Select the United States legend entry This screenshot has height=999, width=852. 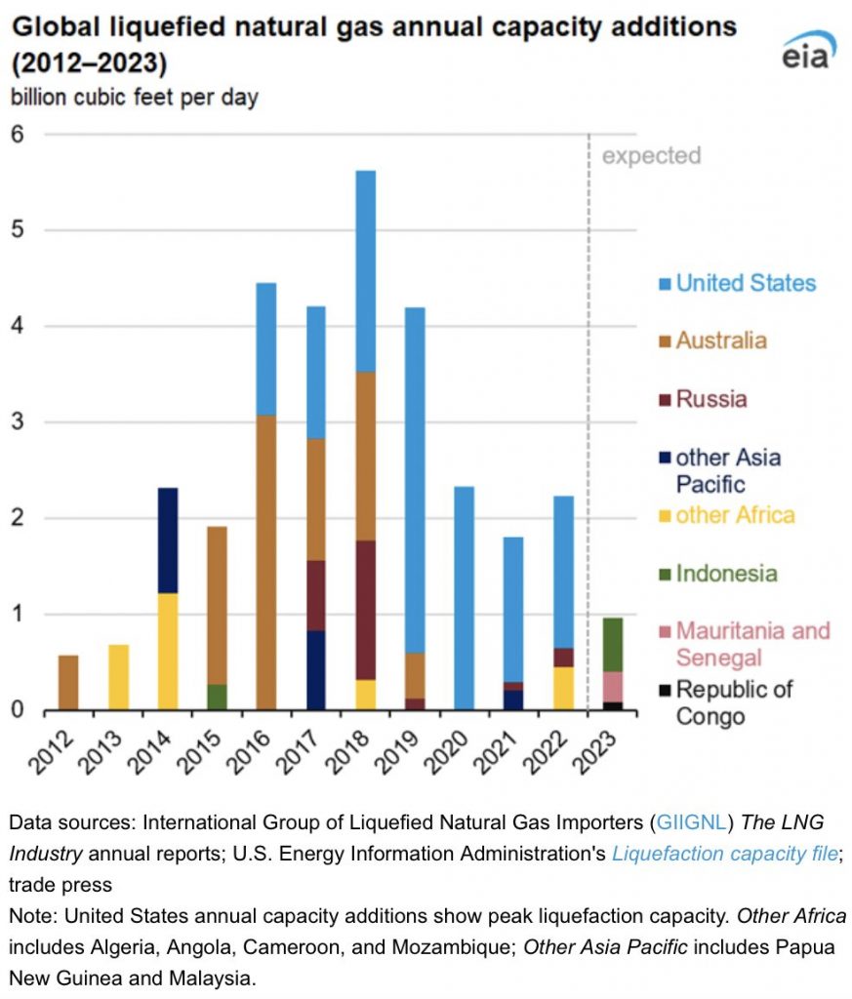coord(738,283)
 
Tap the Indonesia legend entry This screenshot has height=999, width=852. coord(718,574)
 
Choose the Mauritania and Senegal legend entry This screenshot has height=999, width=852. coord(745,644)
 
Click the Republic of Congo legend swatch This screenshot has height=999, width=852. coord(665,690)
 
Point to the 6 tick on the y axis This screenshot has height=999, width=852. coord(18,134)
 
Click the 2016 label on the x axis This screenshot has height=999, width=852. coord(249,752)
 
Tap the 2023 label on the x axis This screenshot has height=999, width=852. coord(594,752)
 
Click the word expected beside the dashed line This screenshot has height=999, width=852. coord(651,155)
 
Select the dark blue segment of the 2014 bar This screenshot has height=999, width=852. coord(168,540)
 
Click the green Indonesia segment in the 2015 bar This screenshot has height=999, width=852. coord(217,697)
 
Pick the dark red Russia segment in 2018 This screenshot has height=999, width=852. coord(365,611)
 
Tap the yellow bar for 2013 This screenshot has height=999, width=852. coord(118,677)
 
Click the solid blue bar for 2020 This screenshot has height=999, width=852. coord(464,598)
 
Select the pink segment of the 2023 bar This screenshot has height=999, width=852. coord(612,687)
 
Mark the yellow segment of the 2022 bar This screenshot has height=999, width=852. coord(563,688)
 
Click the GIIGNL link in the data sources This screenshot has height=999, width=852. coord(691,822)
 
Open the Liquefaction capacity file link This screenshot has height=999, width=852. coord(724,854)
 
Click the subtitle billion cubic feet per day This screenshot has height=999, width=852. coord(135,98)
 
